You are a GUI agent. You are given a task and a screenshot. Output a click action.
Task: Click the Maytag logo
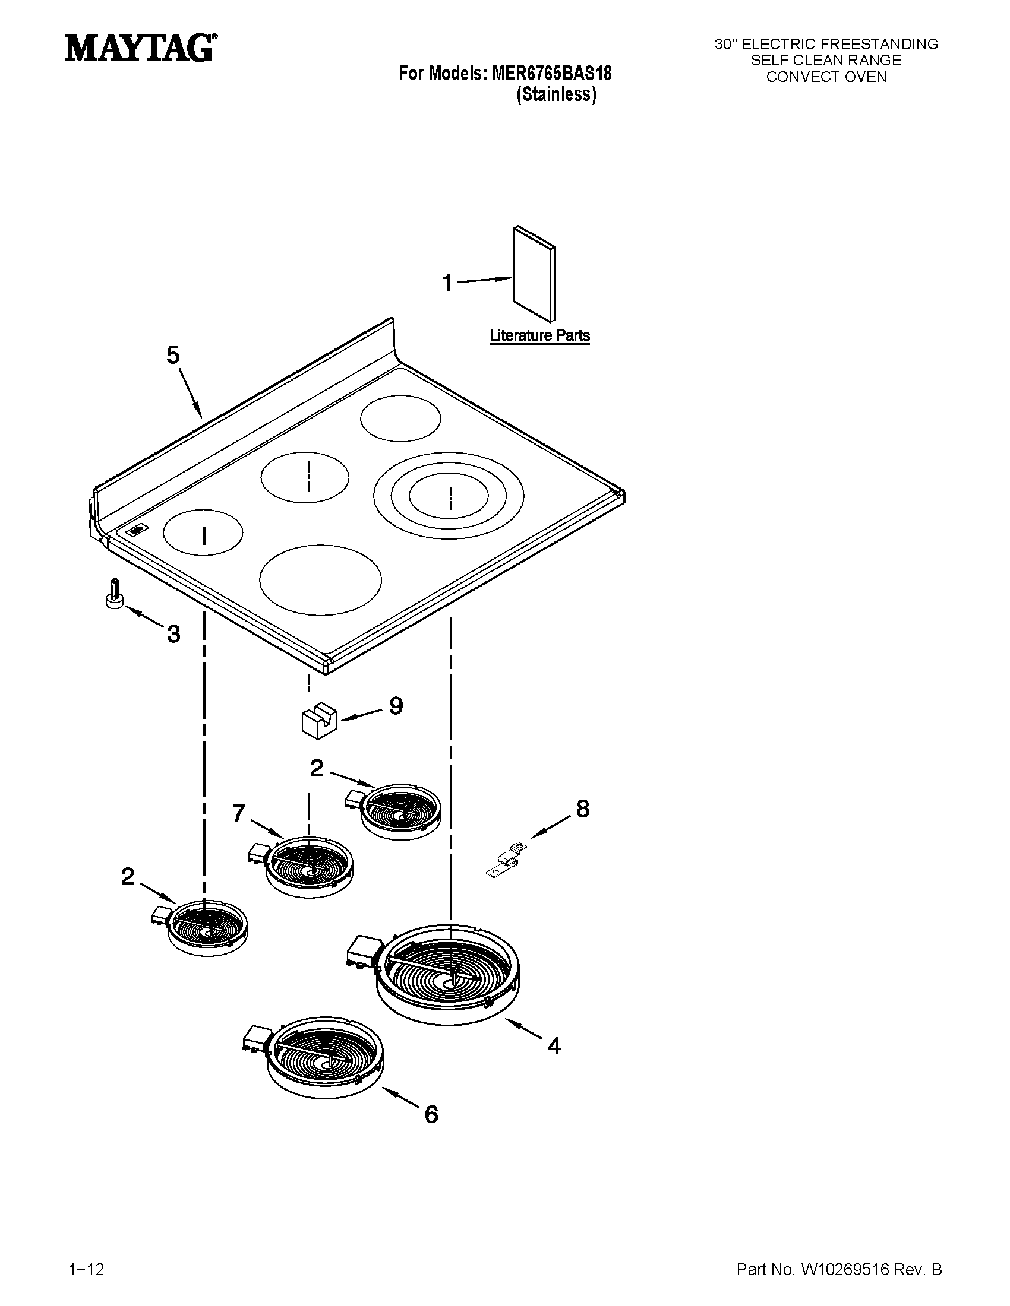tap(140, 47)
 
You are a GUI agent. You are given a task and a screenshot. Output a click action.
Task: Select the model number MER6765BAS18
tap(551, 74)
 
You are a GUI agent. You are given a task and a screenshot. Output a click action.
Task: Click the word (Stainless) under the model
tap(556, 94)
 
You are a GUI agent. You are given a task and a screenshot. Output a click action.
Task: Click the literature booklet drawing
tap(534, 274)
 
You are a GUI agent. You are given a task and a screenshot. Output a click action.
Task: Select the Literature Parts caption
tap(539, 335)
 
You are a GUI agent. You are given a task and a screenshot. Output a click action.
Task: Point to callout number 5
tap(172, 355)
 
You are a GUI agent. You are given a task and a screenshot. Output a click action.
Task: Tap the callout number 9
tap(396, 706)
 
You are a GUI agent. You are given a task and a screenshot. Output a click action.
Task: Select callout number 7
tap(239, 813)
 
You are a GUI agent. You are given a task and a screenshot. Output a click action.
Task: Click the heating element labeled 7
tap(308, 866)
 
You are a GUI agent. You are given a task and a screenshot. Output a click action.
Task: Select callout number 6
tap(431, 1114)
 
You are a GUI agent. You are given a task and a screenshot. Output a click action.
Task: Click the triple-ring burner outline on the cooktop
tap(449, 496)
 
